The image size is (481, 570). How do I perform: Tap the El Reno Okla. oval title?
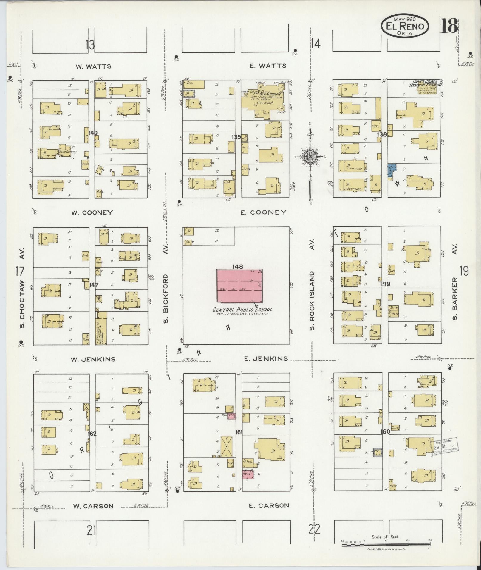(405, 27)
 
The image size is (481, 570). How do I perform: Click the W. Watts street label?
(93, 66)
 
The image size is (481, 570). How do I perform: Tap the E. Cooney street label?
(264, 212)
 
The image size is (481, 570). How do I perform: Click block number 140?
(93, 133)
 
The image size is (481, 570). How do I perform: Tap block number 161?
(239, 432)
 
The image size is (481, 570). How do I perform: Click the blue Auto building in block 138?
(392, 170)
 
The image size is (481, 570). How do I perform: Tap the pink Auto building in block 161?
(248, 474)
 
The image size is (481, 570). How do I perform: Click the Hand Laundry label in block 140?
(68, 152)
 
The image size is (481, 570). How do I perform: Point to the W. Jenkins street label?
(93, 359)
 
